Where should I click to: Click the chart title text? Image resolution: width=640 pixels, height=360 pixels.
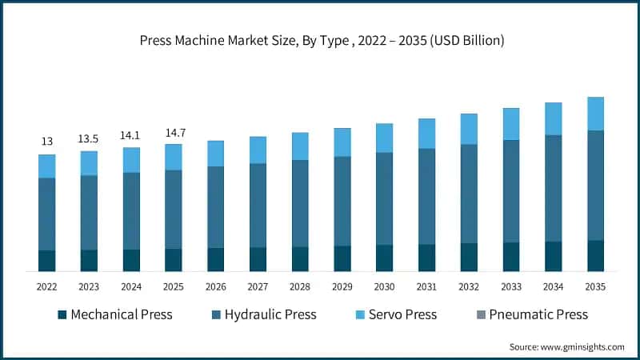pos(320,39)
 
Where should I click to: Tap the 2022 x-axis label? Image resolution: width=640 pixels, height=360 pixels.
pos(46,286)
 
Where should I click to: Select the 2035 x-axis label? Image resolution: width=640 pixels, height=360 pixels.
pos(595,286)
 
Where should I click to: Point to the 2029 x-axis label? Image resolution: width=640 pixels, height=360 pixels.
pos(342,286)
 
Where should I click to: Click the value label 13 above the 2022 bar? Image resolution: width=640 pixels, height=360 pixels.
pos(46,142)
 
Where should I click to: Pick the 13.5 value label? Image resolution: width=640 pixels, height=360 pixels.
pos(89,138)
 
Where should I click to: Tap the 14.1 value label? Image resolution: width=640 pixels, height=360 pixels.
pos(131,135)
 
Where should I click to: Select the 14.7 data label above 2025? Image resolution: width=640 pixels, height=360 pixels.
pos(174,132)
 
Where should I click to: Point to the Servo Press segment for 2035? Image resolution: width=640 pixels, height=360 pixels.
pos(595,114)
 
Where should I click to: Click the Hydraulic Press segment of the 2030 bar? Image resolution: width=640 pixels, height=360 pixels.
pos(384,198)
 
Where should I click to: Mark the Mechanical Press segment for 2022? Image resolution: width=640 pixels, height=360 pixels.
pos(46,261)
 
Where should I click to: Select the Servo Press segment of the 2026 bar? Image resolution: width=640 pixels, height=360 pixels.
pos(215,154)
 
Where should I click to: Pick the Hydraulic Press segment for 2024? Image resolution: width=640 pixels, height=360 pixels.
pos(131,210)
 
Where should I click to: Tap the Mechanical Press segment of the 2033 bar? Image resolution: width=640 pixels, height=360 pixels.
pos(511,257)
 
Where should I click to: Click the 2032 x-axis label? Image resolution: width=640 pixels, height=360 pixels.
pos(469,286)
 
